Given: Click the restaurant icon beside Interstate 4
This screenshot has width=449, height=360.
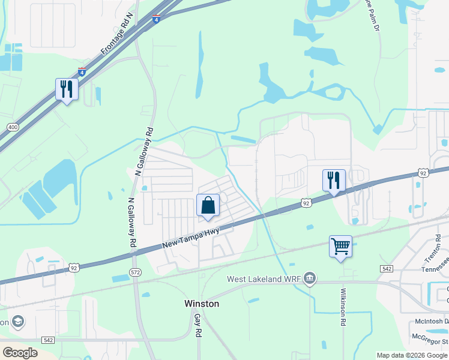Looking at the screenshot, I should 66,89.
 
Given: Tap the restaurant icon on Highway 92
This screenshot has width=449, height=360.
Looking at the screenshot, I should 334,180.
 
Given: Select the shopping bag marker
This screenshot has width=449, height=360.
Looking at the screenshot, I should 208,205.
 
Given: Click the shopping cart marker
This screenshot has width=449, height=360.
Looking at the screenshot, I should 340,246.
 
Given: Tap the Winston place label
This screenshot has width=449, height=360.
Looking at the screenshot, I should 201,304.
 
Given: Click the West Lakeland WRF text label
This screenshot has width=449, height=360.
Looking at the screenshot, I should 263,279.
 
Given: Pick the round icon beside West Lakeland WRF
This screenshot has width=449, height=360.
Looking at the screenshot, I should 310,277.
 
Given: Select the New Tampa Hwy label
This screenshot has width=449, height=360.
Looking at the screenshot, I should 190,238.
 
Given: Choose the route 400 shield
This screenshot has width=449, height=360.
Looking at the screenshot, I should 13,127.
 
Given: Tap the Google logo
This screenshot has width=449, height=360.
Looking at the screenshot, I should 20,352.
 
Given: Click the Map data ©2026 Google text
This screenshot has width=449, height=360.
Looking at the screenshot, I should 411,355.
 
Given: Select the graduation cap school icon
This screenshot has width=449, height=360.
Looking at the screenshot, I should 17,322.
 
